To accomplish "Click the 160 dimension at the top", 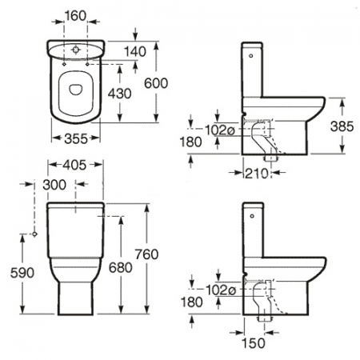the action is [x=75, y=16].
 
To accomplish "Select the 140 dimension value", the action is [x=135, y=51].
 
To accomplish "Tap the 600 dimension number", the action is [x=156, y=83].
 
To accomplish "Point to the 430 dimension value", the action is [x=119, y=94].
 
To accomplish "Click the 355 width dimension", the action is [x=76, y=138].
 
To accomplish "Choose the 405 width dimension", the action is [x=74, y=165].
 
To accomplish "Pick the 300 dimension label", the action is [x=54, y=185].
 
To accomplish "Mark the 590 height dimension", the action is [x=22, y=273].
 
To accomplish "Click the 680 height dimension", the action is [x=121, y=267].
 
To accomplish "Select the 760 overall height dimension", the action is [x=146, y=254].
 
